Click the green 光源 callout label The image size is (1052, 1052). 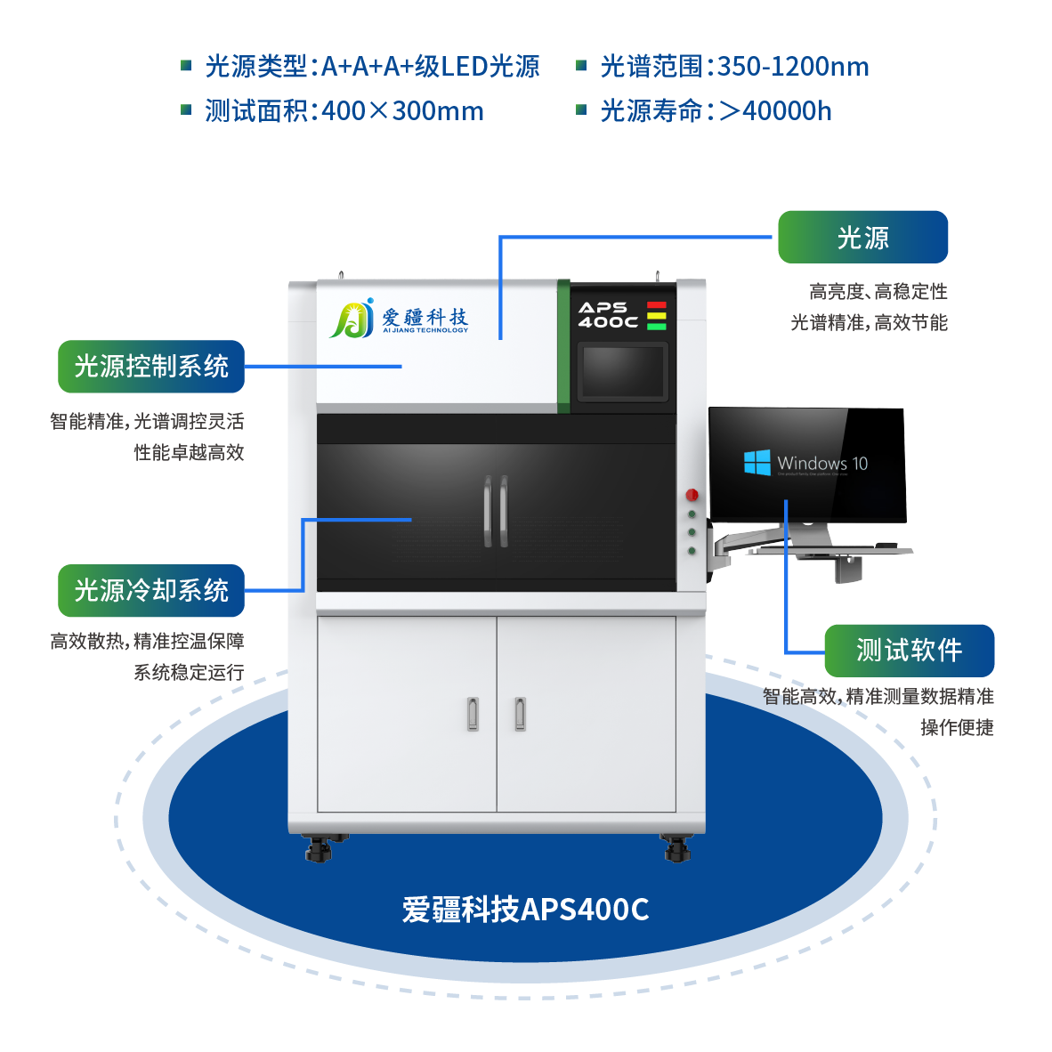(862, 238)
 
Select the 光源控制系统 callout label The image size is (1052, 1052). (151, 367)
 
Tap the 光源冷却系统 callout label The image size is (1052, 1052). (151, 591)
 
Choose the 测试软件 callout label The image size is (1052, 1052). (909, 651)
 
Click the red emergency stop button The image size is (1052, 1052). (692, 495)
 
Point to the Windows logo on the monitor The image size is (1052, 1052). (757, 463)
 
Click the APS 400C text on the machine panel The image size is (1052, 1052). (608, 315)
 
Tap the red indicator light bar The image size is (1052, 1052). (657, 305)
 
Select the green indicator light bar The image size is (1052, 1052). (657, 327)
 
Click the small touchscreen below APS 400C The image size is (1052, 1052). (622, 372)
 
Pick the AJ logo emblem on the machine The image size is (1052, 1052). (352, 320)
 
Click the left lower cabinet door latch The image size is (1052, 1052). (473, 713)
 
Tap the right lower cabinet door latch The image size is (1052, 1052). (520, 713)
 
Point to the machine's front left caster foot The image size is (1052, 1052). (318, 849)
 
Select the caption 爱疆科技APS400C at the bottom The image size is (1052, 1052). (525, 910)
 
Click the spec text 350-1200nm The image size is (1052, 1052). (793, 67)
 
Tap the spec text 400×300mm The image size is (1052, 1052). (402, 111)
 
